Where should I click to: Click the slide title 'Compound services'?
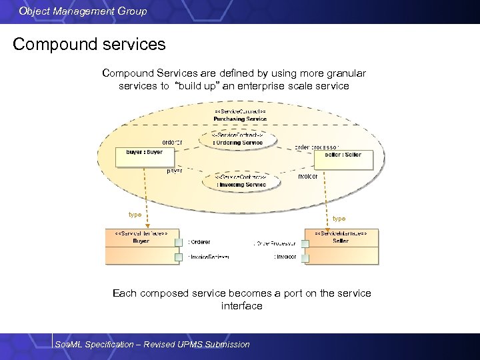(89, 45)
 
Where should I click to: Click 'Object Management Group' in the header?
(83, 11)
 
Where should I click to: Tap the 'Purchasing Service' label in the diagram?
(240, 119)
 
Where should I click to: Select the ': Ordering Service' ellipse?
(239, 142)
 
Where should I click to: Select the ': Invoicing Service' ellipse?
(241, 184)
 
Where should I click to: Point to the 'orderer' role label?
(172, 142)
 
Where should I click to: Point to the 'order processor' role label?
(317, 147)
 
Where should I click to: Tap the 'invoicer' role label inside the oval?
(307, 176)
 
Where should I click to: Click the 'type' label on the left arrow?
(135, 215)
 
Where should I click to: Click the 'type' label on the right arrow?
(339, 219)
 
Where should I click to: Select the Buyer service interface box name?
(141, 241)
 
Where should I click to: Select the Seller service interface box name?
(341, 241)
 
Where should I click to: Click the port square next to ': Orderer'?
(179, 242)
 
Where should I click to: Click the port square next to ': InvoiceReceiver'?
(179, 257)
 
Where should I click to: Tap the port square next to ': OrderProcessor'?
(304, 243)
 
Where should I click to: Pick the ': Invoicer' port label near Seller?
(285, 257)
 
